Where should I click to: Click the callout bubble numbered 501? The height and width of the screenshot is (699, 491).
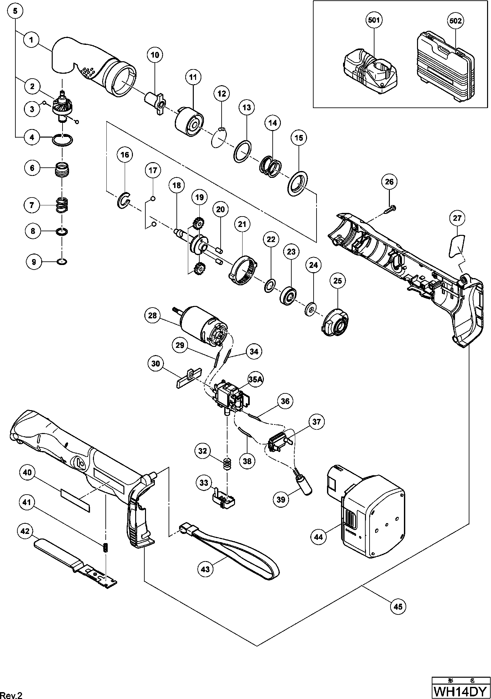click(x=374, y=20)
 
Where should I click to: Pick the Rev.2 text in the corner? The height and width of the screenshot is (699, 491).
click(x=11, y=693)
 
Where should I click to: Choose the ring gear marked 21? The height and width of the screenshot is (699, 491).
click(x=243, y=271)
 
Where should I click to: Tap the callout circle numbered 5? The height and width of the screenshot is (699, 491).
click(x=15, y=11)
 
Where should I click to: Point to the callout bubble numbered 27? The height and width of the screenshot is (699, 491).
click(x=457, y=218)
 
